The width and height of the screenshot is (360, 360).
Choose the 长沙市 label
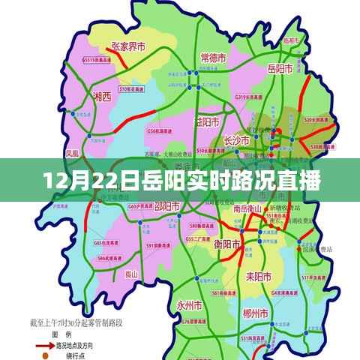point(238,139)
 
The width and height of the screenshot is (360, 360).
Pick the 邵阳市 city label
point(166,205)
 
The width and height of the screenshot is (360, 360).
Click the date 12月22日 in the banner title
point(72,180)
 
